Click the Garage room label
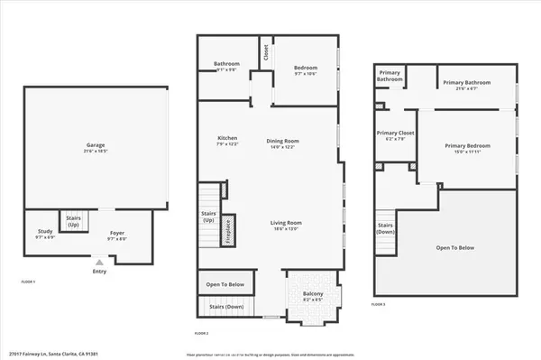click(96, 146)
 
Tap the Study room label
click(41, 233)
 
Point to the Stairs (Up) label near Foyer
click(73, 221)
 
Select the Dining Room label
click(282, 142)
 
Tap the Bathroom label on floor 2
click(226, 64)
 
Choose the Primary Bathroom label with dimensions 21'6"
click(465, 83)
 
